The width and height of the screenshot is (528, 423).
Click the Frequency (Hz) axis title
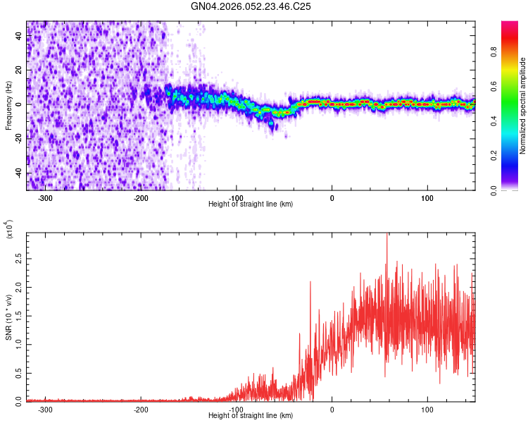coord(8,105)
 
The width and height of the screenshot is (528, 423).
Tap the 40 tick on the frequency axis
coord(20,37)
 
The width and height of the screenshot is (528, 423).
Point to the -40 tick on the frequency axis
coord(18,173)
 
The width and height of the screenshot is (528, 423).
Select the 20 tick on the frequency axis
coord(20,70)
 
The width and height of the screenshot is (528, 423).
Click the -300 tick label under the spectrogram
coord(45,198)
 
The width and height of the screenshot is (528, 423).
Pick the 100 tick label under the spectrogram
coord(427,198)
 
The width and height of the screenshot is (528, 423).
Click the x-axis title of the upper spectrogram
coord(251,204)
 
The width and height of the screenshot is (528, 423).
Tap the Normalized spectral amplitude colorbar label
coord(522,106)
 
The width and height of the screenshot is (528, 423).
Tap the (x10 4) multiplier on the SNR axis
coord(9,230)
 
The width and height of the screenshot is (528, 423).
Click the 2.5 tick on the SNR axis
coord(18,260)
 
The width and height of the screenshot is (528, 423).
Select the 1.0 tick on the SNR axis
coord(18,344)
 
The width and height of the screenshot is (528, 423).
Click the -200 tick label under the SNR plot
coord(140,409)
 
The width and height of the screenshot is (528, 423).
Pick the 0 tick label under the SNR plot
coord(332,409)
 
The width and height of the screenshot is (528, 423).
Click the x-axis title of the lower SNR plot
coord(251,416)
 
